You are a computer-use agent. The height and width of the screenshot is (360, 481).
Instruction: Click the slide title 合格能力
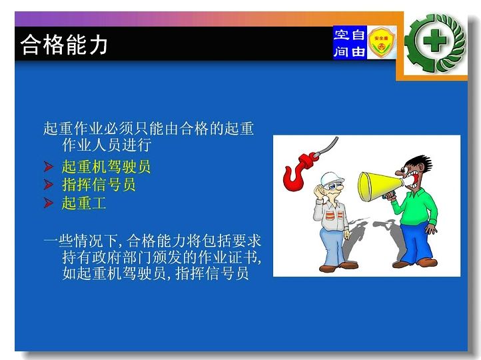point(64,45)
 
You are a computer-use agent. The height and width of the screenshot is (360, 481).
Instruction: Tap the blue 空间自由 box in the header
point(350,43)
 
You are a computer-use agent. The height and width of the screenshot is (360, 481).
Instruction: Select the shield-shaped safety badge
point(381,43)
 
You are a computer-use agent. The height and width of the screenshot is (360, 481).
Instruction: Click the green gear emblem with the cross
point(435,43)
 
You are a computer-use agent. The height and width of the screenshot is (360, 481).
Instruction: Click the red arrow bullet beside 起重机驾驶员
point(48,167)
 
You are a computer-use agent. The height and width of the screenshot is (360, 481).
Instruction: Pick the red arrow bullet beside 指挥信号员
point(48,185)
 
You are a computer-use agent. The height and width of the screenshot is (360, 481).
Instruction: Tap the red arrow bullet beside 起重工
point(48,203)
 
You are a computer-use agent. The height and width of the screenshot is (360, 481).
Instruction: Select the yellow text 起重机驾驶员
point(106,167)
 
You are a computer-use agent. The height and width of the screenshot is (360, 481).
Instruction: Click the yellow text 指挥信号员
point(99,185)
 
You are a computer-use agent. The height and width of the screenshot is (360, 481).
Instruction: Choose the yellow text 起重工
point(84,203)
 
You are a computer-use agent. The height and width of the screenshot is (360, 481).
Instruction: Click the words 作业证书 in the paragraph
point(227,257)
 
